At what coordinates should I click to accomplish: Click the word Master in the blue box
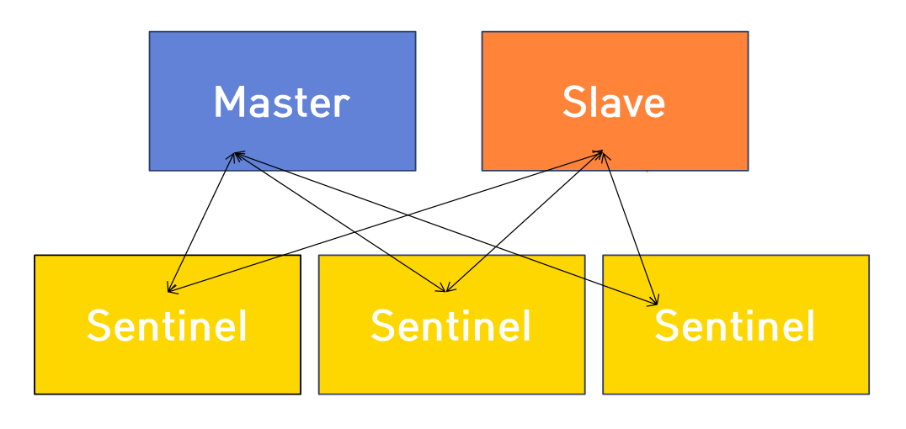(x=281, y=103)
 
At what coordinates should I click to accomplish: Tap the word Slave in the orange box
(x=614, y=103)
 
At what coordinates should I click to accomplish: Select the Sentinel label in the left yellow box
(x=167, y=326)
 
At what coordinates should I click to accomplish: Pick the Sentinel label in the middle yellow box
(x=450, y=326)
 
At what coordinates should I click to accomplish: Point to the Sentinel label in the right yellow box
(x=734, y=326)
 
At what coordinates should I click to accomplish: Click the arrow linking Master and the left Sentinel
(x=202, y=222)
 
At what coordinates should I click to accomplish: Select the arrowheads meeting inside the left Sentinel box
(x=169, y=290)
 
